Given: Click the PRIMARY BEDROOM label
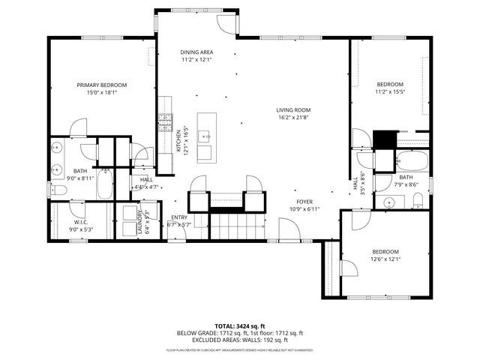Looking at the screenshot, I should (x=101, y=85).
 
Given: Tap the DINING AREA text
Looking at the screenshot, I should (x=197, y=52).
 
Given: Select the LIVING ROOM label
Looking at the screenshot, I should (x=294, y=109).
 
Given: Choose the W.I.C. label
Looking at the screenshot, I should (x=80, y=222).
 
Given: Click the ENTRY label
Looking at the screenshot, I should (x=178, y=217).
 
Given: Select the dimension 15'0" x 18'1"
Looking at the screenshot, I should (x=101, y=93).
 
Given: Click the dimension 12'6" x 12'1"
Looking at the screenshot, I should (x=385, y=259).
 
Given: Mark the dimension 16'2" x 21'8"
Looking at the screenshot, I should (x=294, y=117).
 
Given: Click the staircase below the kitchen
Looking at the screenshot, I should (x=236, y=225).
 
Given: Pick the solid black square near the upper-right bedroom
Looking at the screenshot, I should (x=384, y=139).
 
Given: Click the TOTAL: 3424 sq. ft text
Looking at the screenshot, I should (x=239, y=325).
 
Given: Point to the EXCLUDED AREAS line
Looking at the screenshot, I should (x=239, y=340).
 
